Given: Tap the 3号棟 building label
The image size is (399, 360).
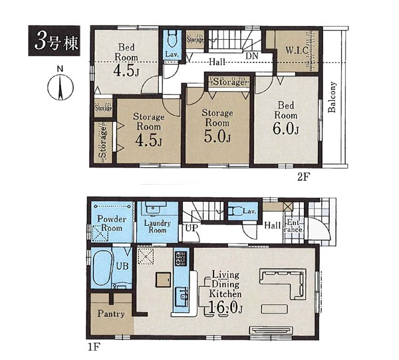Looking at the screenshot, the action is [55, 41].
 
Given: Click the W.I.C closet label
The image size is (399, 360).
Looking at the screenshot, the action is [297, 50].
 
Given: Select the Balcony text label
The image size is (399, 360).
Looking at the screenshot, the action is [332, 97].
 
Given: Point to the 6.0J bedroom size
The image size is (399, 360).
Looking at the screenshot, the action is [285, 129].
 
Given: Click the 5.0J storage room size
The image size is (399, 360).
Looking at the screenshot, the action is [217, 137].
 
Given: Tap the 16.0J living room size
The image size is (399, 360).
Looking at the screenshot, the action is [225, 308].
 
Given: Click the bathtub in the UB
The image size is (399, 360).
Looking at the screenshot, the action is [102, 268].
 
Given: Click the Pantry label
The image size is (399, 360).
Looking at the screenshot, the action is [111, 314].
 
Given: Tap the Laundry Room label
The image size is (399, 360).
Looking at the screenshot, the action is [157, 226].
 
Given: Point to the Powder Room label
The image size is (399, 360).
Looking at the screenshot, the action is [112, 223].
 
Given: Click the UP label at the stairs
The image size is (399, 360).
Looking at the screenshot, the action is [191, 228].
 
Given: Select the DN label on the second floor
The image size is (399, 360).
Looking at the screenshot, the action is [252, 56].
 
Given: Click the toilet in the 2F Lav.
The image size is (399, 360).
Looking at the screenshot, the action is [172, 39].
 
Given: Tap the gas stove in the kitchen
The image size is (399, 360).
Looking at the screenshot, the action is [181, 258].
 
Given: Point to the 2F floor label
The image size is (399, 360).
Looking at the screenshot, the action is [304, 177].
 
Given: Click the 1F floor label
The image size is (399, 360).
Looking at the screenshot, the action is [94, 347].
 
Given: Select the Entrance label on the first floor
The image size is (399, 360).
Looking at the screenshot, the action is [294, 226].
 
